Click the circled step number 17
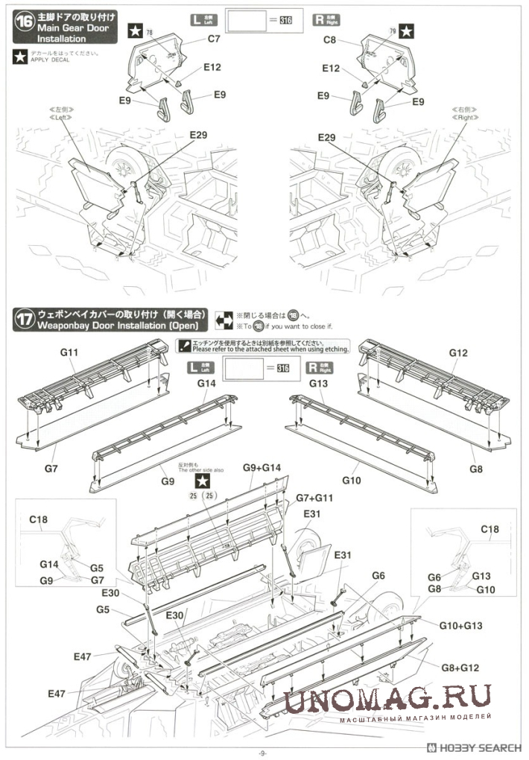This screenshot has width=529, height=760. [25, 320]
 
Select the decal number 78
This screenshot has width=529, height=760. [149, 33]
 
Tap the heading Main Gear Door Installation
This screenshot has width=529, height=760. [73, 28]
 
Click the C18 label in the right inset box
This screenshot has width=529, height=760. [490, 529]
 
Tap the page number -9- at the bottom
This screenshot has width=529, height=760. [263, 753]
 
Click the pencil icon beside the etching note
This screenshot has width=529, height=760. [182, 344]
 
